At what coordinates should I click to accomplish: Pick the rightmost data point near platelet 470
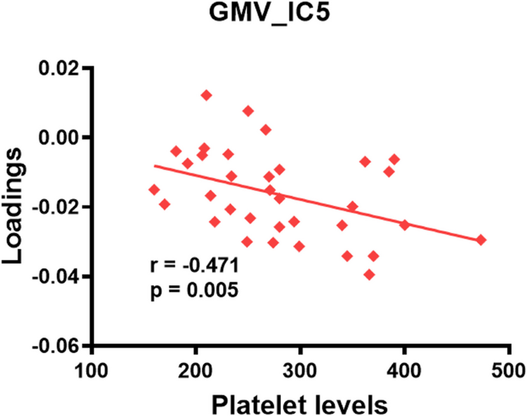pos(481,240)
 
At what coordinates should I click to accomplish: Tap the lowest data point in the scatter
pos(369,275)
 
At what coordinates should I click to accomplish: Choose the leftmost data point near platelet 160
pos(155,189)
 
